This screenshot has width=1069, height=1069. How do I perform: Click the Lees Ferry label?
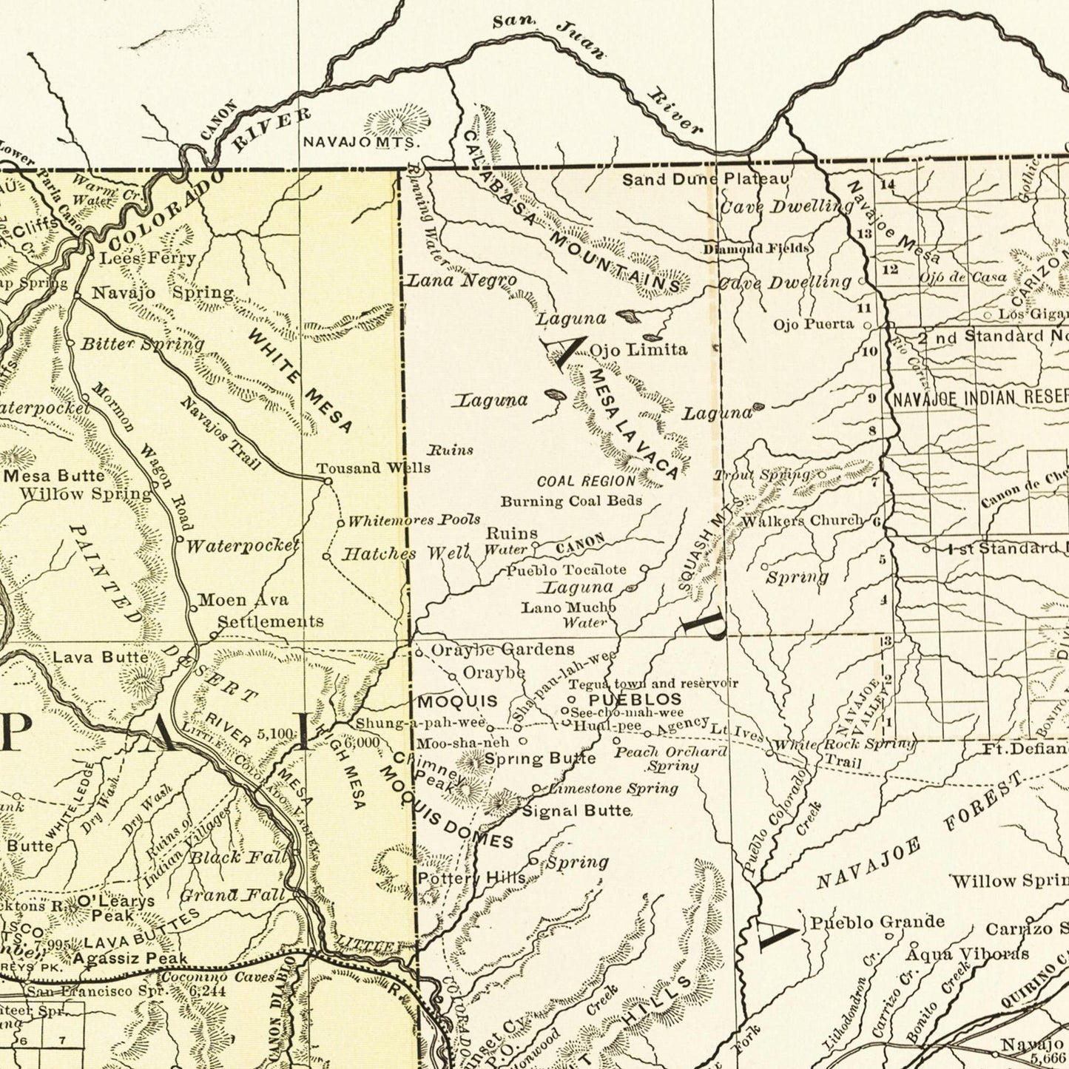pyautogui.click(x=147, y=258)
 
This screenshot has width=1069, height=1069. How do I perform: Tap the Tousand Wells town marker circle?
pyautogui.click(x=328, y=482)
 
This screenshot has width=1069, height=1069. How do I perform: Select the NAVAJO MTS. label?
pyautogui.click(x=362, y=141)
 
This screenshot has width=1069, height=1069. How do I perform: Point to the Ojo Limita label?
pyautogui.click(x=638, y=349)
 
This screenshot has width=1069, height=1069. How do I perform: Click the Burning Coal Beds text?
pyautogui.click(x=571, y=501)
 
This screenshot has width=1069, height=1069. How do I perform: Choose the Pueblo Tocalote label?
pyautogui.click(x=566, y=570)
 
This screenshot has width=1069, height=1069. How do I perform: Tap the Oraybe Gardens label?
pyautogui.click(x=502, y=650)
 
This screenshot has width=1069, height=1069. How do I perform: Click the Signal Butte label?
pyautogui.click(x=577, y=811)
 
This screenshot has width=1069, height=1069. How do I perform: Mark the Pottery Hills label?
pyautogui.click(x=471, y=878)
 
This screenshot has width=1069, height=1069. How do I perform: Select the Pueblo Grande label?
pyautogui.click(x=877, y=922)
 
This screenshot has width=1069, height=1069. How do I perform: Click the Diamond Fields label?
pyautogui.click(x=755, y=248)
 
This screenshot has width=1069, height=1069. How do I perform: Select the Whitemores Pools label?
pyautogui.click(x=414, y=520)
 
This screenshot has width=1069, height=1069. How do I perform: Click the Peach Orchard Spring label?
pyautogui.click(x=671, y=758)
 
